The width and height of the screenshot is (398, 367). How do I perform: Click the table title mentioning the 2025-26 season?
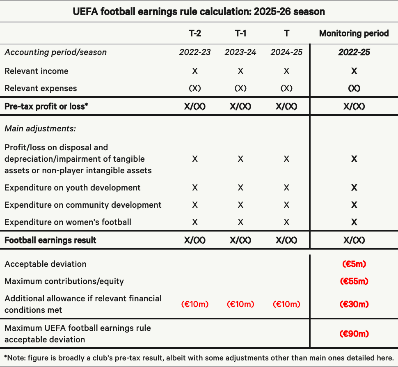coord(199,11)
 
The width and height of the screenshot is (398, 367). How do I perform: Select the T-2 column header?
coord(194,33)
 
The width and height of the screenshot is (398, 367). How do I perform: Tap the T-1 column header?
coord(240,33)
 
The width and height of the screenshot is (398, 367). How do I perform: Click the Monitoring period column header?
coord(354,33)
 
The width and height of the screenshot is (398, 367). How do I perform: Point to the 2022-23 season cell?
coord(194,52)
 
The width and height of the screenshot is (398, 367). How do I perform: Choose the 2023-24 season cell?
coord(240,52)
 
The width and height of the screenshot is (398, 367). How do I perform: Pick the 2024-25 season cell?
coord(286,52)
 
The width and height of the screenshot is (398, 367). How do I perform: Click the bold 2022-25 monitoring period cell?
coord(354,52)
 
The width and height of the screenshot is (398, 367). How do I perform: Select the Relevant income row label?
coord(37,71)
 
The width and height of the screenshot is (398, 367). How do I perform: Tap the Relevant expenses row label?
coord(41,88)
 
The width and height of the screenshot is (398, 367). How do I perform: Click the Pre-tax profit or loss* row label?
coord(46,106)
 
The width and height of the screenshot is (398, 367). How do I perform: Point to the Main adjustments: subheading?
coord(40,128)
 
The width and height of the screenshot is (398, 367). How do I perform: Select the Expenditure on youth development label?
coord(73,188)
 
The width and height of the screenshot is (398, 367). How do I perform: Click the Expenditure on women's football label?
coord(68,222)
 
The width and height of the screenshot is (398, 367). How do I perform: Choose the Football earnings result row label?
coord(50,240)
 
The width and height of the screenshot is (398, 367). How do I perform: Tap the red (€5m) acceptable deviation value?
coord(354,264)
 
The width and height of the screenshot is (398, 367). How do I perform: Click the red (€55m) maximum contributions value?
coord(354,281)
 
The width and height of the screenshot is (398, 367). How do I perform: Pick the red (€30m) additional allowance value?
coord(354,304)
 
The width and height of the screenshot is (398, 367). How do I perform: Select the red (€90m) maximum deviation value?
coord(354,334)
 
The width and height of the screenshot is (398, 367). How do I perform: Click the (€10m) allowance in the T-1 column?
coord(240,304)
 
